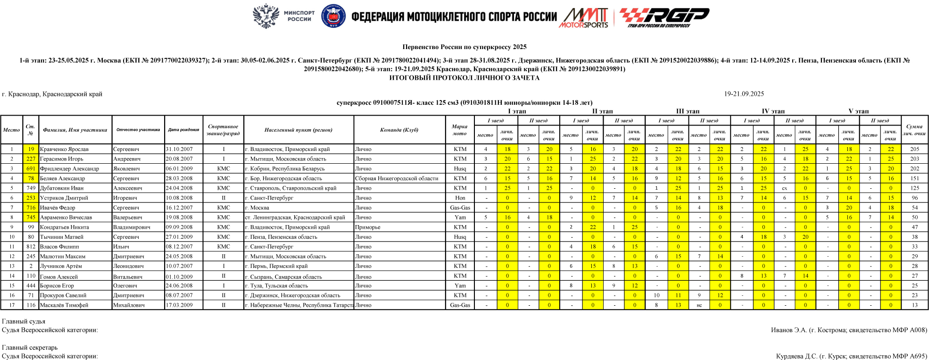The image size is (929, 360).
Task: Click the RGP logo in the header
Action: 664,17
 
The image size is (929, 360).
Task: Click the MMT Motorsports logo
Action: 585,18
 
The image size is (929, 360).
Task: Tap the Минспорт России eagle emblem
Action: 266,16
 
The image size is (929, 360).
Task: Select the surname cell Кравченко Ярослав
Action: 64,149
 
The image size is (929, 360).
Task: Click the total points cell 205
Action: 914,149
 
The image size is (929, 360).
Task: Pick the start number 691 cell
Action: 31,168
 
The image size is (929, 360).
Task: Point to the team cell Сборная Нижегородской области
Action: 397,178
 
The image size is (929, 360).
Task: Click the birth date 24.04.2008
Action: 179,188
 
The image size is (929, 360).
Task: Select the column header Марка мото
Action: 459,130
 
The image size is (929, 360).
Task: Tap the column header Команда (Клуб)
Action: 399,130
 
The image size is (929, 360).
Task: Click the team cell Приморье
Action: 368,227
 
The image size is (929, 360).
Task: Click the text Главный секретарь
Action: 30,348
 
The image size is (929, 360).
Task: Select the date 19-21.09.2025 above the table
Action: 744,94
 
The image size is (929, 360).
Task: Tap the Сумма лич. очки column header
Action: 914,130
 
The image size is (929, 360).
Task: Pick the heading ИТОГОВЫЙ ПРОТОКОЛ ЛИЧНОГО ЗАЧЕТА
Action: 464,78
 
